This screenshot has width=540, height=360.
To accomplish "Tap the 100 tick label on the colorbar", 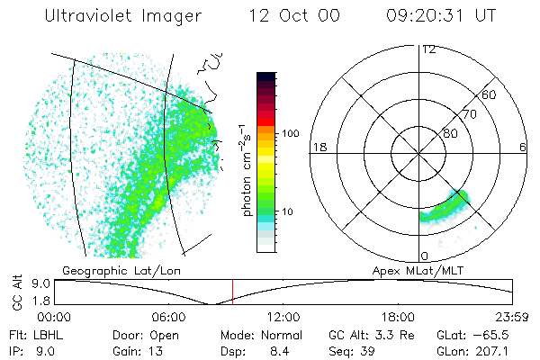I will pyautogui.click(x=289, y=133).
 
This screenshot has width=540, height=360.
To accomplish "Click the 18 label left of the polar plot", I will pyautogui.click(x=318, y=147).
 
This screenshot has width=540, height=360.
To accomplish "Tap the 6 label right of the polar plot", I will pyautogui.click(x=523, y=147).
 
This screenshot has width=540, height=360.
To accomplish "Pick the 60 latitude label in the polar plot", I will pyautogui.click(x=490, y=95).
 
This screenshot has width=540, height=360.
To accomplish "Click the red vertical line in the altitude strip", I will pyautogui.click(x=232, y=292).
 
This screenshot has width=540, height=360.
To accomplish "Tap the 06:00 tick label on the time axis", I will pyautogui.click(x=169, y=317).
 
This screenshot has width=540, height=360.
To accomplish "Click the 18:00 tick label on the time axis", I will pyautogui.click(x=399, y=317).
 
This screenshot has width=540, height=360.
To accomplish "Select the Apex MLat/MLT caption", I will pyautogui.click(x=413, y=270).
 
